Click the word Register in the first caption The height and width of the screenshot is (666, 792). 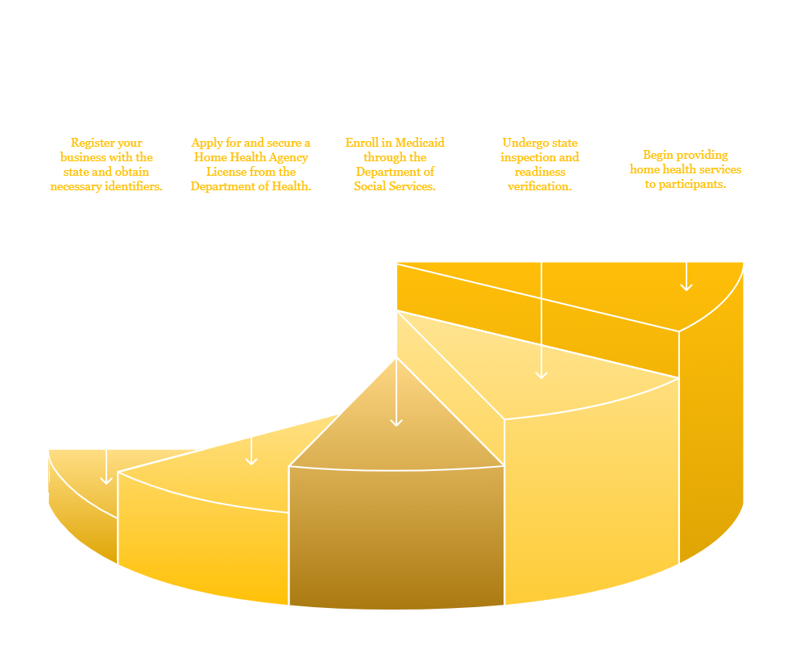(91, 143)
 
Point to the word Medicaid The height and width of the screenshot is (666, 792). (421, 143)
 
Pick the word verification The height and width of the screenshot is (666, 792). (540, 186)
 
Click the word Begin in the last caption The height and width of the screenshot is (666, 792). (657, 155)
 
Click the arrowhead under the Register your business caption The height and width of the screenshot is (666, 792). (106, 480)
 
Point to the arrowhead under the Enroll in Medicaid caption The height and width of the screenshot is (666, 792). (396, 422)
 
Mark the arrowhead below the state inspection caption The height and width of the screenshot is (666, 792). (541, 374)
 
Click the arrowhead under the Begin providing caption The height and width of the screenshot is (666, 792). (686, 286)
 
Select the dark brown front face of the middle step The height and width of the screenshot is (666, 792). (396, 535)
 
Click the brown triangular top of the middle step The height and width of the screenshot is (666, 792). (396, 430)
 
